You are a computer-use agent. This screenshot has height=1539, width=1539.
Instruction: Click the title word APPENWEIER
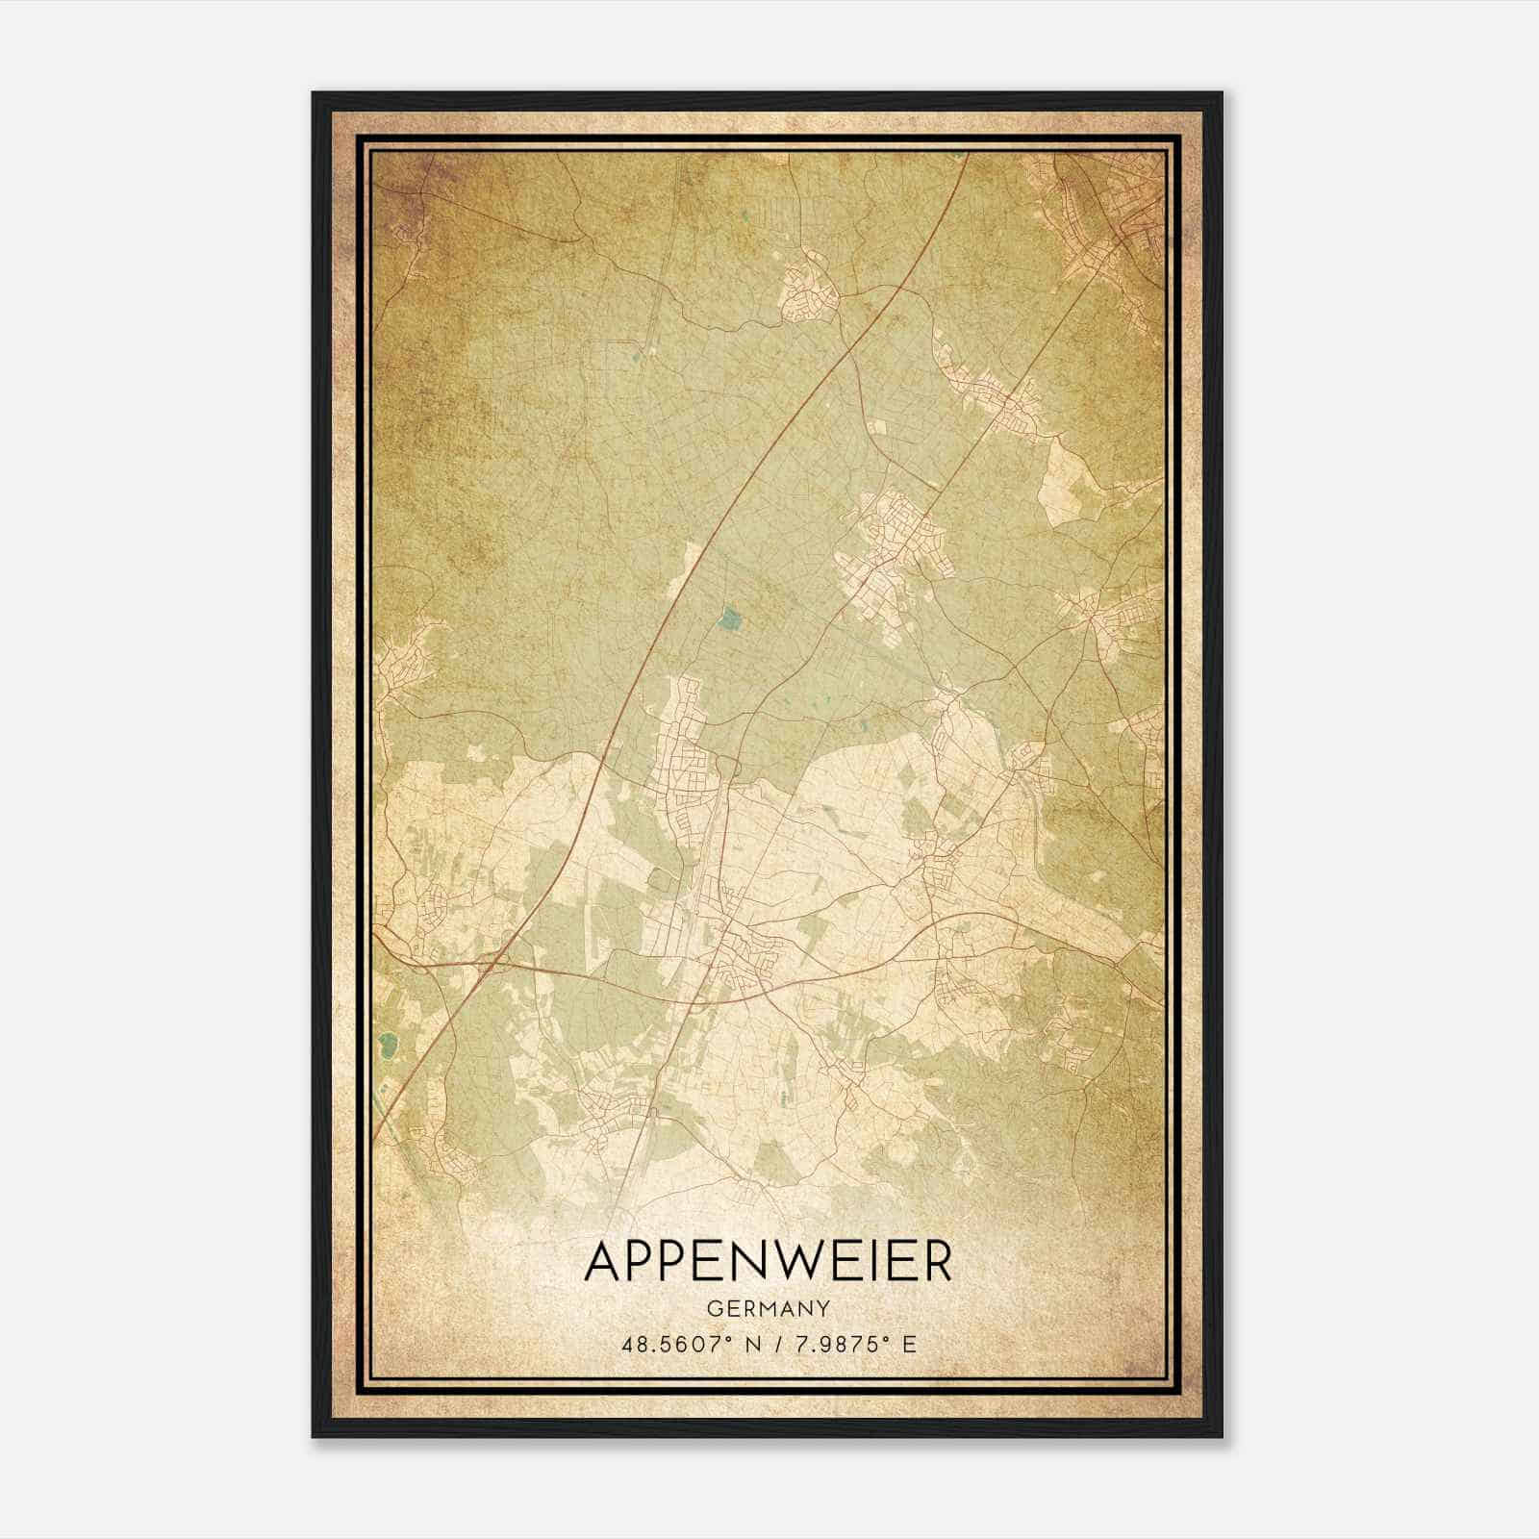pos(768,1262)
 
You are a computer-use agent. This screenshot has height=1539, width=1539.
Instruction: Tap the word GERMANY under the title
pos(768,1308)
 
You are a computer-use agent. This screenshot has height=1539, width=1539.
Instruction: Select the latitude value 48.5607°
pos(674,1344)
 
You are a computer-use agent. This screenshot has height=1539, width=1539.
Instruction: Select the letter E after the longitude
pos(909,1344)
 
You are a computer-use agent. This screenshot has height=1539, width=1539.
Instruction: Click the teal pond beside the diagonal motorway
pos(732,619)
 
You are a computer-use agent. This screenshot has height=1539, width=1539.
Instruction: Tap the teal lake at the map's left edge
pos(388,1042)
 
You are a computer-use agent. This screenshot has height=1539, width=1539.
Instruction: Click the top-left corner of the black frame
pos(314,94)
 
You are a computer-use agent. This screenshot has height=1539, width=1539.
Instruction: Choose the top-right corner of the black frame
pos(1221,94)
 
